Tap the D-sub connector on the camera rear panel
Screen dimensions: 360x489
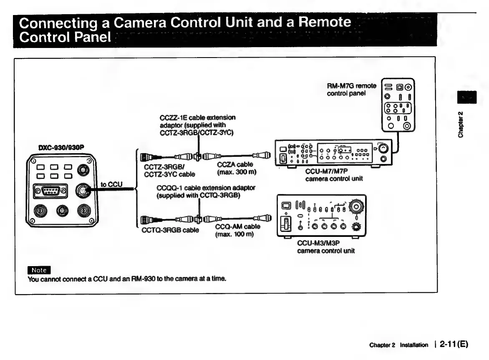coord(50,191)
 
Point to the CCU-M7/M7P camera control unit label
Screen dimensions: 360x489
coord(334,175)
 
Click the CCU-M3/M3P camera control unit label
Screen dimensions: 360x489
coord(326,247)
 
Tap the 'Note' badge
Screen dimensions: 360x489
coord(39,270)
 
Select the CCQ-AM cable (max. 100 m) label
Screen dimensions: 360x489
coord(237,230)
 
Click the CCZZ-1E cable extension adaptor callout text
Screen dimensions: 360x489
coord(197,125)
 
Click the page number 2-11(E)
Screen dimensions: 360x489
coord(452,345)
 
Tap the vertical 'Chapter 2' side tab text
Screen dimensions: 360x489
coord(460,124)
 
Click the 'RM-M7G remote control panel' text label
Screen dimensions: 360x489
coord(351,89)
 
